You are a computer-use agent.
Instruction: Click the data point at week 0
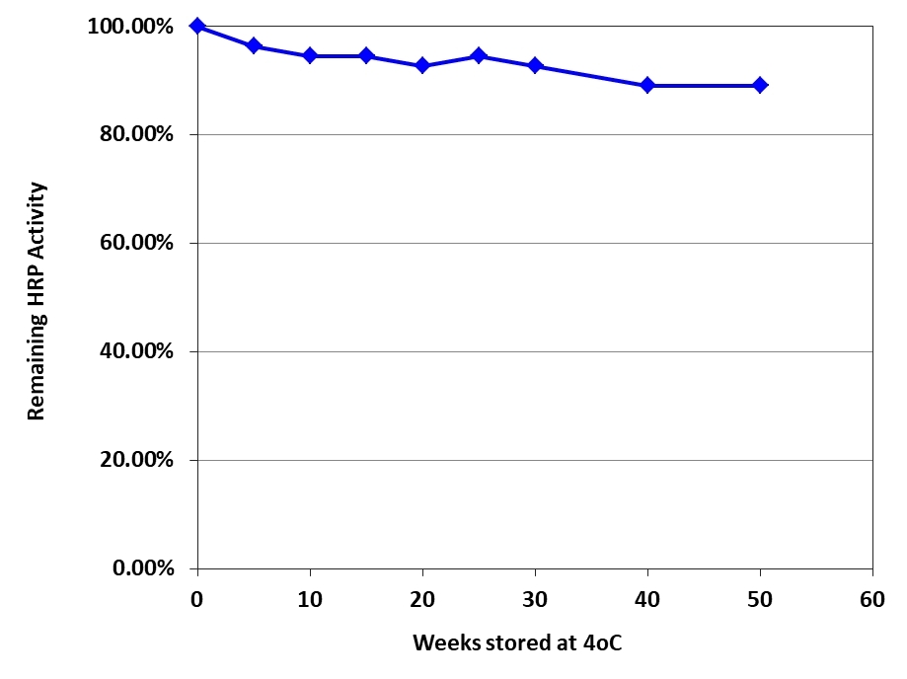click(197, 26)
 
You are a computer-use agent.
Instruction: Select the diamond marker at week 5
click(254, 45)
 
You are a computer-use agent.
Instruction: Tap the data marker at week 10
click(310, 55)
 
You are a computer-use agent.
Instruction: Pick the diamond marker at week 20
click(422, 65)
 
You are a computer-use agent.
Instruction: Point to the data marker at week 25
click(479, 55)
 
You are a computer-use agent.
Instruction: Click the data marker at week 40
click(647, 85)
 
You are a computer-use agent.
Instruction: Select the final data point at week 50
click(760, 85)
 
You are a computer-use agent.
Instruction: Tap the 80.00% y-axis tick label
click(135, 135)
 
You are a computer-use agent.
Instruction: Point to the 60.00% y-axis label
click(135, 244)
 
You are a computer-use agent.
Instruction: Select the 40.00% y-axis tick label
click(135, 352)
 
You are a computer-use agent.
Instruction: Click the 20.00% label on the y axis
click(135, 461)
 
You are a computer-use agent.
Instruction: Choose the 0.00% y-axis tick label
click(140, 569)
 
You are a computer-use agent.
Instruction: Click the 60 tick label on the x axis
click(872, 597)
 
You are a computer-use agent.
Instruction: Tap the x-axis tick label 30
click(535, 597)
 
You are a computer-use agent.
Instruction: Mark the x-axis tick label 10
click(310, 597)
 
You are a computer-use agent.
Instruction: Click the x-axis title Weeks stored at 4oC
click(518, 642)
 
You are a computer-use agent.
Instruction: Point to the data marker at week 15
click(366, 55)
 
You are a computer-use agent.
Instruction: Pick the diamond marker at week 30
click(535, 65)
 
